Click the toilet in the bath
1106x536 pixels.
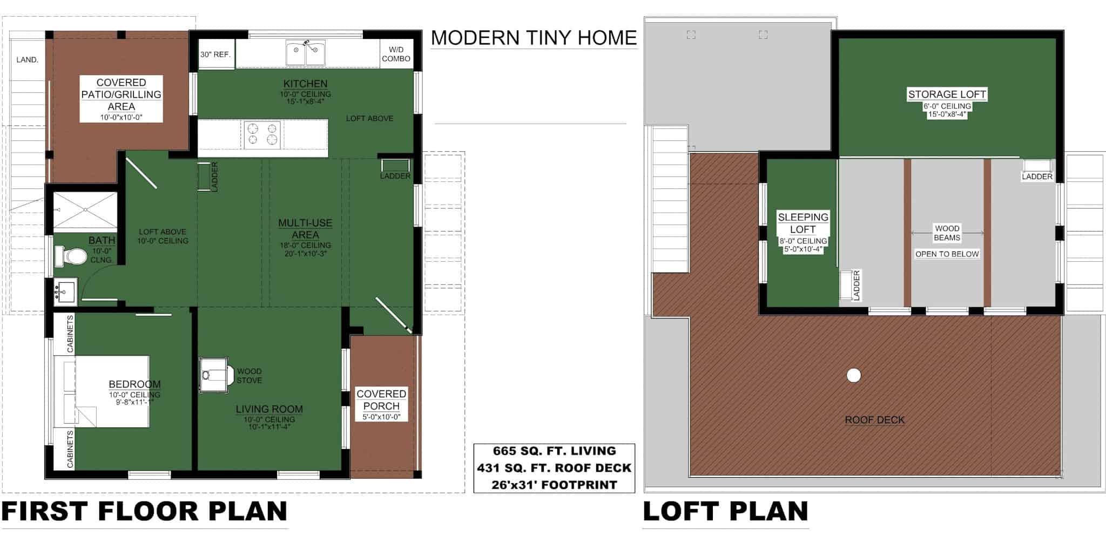click(71, 256)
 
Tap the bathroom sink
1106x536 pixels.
click(65, 292)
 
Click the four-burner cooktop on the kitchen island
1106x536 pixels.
click(262, 134)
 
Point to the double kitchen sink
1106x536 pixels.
click(305, 53)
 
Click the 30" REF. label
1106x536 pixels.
click(215, 55)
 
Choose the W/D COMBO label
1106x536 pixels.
click(396, 54)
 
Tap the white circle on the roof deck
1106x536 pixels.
click(853, 375)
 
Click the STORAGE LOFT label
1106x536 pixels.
click(947, 94)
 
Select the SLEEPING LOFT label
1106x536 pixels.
click(802, 223)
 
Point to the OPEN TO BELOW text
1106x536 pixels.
click(947, 254)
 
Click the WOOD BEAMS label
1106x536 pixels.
click(947, 233)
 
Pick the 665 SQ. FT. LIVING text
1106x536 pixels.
click(554, 451)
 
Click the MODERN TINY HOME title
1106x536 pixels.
click(534, 38)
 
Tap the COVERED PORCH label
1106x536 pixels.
click(381, 400)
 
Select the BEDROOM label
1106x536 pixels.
click(134, 384)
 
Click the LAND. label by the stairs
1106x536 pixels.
click(27, 60)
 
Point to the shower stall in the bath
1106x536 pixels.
click(85, 211)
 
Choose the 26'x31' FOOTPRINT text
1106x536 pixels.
click(554, 485)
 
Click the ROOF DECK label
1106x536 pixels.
click(874, 420)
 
